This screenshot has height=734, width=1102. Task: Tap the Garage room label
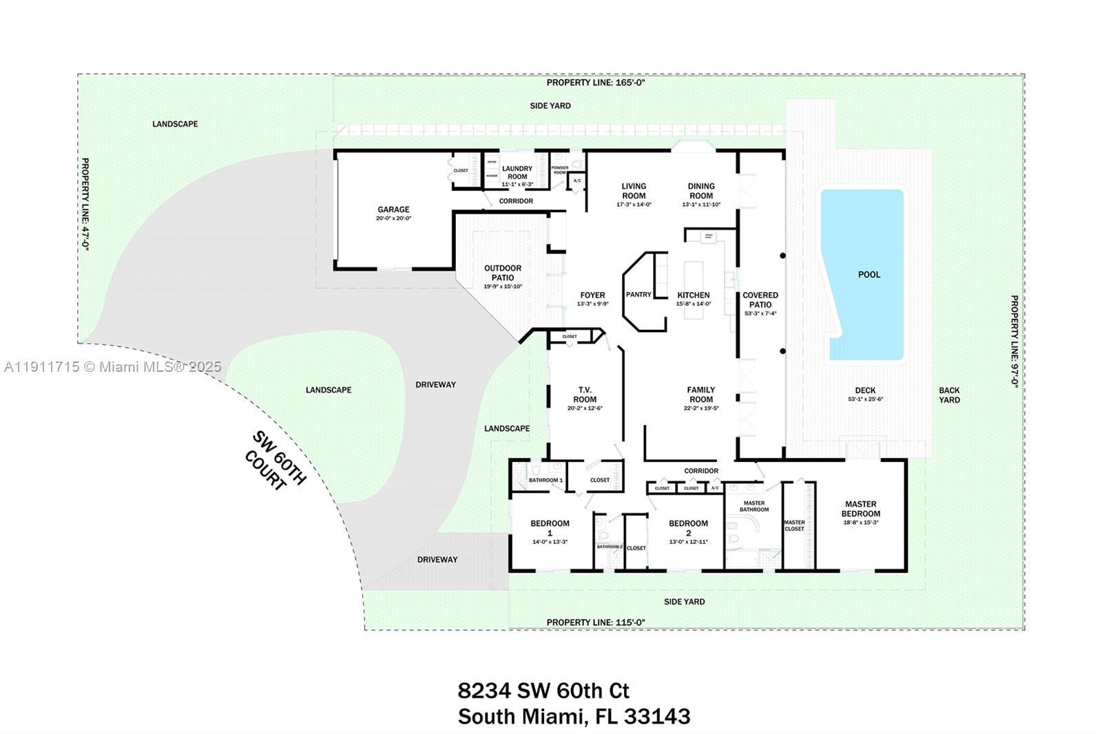click(x=393, y=209)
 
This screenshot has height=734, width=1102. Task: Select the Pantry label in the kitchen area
click(x=638, y=295)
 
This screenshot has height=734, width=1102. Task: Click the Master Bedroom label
click(x=860, y=509)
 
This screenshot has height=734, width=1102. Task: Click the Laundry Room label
click(x=517, y=172)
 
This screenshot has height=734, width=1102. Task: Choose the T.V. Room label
click(x=585, y=395)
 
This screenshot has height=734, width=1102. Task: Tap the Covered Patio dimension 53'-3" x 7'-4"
click(x=760, y=313)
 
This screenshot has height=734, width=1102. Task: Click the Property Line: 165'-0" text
click(x=595, y=83)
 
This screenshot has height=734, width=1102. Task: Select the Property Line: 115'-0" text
click(x=595, y=622)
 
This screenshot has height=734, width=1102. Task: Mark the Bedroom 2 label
click(x=688, y=528)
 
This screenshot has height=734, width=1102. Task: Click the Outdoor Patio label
click(x=503, y=273)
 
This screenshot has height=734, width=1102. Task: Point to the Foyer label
click(x=592, y=295)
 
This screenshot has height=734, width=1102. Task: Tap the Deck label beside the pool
click(x=865, y=390)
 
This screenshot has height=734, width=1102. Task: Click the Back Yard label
click(x=949, y=395)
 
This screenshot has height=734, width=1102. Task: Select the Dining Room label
click(x=701, y=191)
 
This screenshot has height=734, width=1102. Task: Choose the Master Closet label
click(x=794, y=525)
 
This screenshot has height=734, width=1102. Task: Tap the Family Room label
click(x=701, y=395)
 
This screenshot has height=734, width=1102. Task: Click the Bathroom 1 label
click(x=545, y=480)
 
